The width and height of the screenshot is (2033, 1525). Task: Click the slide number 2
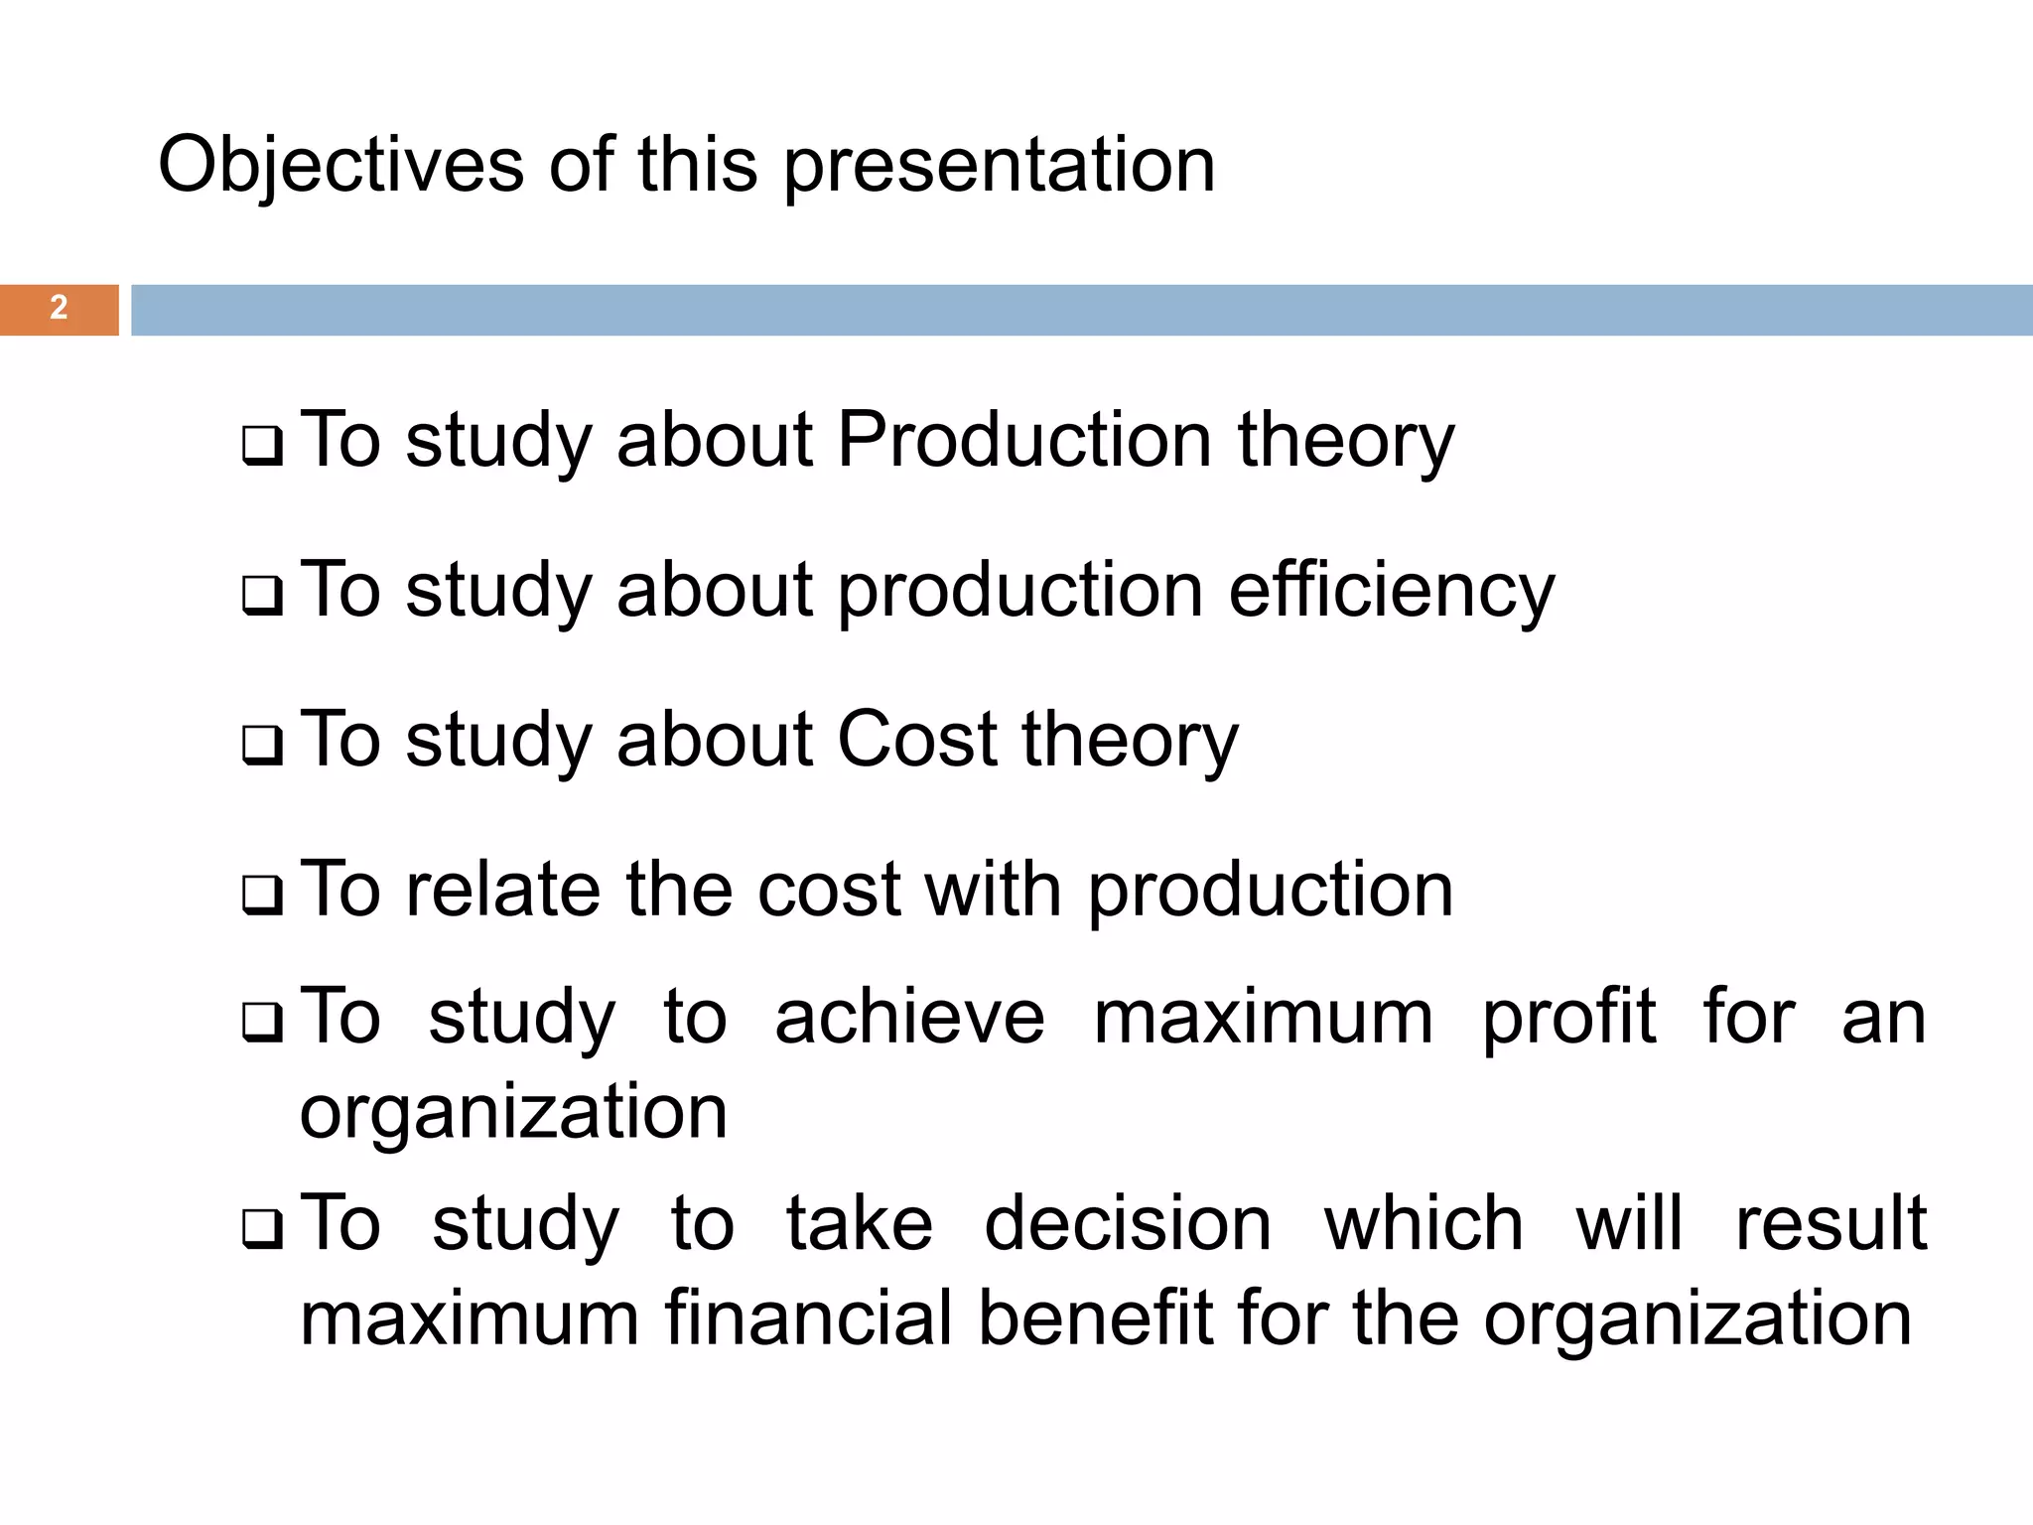coord(59,309)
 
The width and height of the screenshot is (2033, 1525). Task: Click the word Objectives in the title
coord(340,166)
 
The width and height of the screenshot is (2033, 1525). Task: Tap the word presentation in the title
coord(999,166)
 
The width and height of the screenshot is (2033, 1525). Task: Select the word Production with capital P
coord(1023,440)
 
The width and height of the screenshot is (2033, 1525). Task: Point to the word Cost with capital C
coord(917,740)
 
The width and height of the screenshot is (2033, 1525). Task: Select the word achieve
coord(909,1018)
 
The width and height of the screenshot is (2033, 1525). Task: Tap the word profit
coord(1568,1018)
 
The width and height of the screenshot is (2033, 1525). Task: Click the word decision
coord(1128,1224)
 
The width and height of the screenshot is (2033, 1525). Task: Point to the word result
coord(1830,1224)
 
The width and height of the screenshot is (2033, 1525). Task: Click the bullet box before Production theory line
coord(262,448)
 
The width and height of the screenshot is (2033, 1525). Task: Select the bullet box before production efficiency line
coord(262,598)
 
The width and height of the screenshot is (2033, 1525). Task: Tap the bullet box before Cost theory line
coord(262,747)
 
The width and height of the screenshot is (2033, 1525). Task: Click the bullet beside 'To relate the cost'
coord(262,897)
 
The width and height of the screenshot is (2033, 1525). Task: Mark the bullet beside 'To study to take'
coord(262,1231)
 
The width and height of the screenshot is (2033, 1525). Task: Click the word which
coord(1423,1224)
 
